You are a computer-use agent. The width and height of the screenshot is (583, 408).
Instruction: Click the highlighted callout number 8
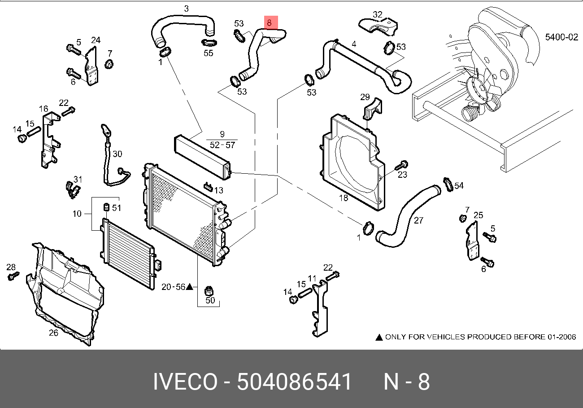click(x=269, y=22)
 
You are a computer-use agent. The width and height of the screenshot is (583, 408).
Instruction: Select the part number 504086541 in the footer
click(x=294, y=382)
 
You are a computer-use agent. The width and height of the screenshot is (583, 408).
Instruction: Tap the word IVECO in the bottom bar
click(x=185, y=382)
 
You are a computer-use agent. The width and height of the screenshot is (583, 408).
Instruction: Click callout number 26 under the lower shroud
click(x=53, y=333)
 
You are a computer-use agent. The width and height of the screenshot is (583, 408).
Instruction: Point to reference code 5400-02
click(x=561, y=37)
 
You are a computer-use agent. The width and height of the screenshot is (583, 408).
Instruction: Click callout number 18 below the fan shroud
click(x=343, y=198)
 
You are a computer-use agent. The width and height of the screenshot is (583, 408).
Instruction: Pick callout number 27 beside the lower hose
click(x=418, y=221)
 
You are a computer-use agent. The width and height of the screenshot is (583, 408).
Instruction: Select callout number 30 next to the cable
click(x=117, y=154)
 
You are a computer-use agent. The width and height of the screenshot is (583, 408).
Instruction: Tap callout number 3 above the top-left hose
click(x=186, y=9)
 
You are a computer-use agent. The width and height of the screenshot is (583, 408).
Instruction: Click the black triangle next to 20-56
click(x=190, y=286)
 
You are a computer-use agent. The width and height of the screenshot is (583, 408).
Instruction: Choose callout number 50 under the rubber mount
click(x=210, y=300)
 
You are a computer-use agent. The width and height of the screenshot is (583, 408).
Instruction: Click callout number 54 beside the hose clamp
click(x=459, y=185)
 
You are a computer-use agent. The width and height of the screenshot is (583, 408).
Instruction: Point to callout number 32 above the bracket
click(x=377, y=14)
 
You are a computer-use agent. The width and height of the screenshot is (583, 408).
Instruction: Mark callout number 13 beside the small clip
click(x=218, y=190)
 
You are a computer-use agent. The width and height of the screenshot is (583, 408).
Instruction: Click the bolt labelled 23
click(x=403, y=166)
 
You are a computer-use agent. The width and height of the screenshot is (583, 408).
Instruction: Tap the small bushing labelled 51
click(x=107, y=207)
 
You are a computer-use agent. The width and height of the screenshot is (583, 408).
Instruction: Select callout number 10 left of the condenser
click(x=77, y=214)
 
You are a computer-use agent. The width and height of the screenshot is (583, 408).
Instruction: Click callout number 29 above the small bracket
click(x=365, y=97)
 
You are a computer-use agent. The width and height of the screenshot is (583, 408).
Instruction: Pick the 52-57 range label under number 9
click(x=222, y=145)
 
